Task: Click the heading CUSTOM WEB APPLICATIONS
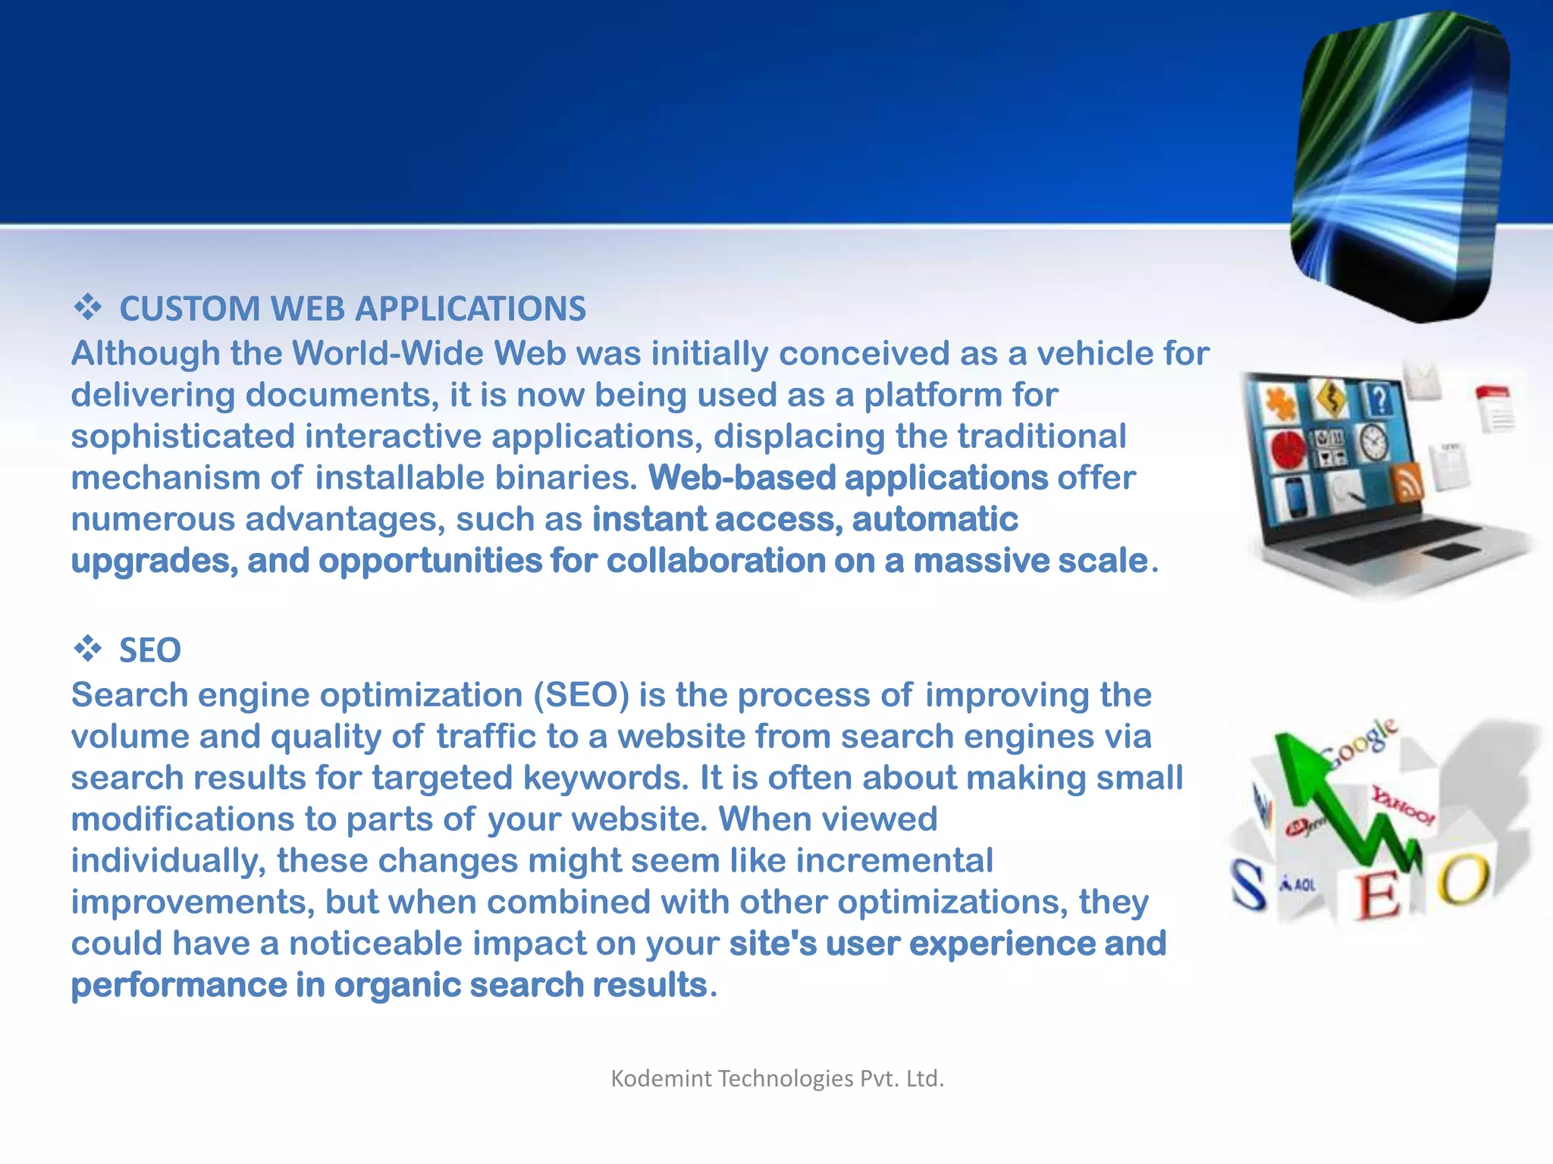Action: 353,309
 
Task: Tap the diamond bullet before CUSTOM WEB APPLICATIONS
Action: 87,307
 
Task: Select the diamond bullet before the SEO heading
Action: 87,649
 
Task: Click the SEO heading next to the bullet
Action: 150,651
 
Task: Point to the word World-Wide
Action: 387,354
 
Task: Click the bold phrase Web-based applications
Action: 848,478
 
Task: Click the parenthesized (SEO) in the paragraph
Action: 582,696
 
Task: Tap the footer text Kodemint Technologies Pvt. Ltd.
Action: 777,1078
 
